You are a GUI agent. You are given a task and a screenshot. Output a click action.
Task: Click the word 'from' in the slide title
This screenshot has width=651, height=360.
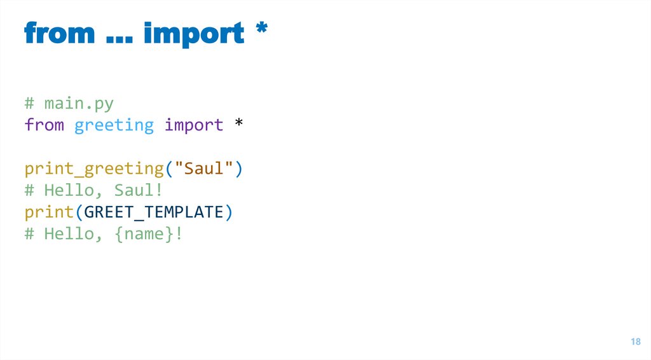(60, 33)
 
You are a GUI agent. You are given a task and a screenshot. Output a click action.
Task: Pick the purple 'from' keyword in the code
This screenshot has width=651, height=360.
(45, 125)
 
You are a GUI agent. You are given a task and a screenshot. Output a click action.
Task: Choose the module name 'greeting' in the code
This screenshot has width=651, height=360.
(114, 126)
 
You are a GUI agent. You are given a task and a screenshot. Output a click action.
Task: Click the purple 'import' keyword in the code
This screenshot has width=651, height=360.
(194, 126)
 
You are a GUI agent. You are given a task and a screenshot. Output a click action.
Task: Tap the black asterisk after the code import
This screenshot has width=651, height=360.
(238, 123)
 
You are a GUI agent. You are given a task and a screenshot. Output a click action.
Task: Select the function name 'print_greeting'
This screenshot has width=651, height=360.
(94, 169)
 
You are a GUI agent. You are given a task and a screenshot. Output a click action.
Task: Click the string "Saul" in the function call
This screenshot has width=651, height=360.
(203, 169)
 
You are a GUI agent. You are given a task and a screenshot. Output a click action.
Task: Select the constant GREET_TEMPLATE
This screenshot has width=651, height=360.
(154, 212)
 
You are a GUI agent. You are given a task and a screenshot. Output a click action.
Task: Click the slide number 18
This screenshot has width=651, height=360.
(635, 342)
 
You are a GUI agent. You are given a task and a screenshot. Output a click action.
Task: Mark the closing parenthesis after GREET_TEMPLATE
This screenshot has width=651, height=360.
(229, 212)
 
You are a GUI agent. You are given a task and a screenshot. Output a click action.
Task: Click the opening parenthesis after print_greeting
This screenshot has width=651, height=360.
(169, 169)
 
